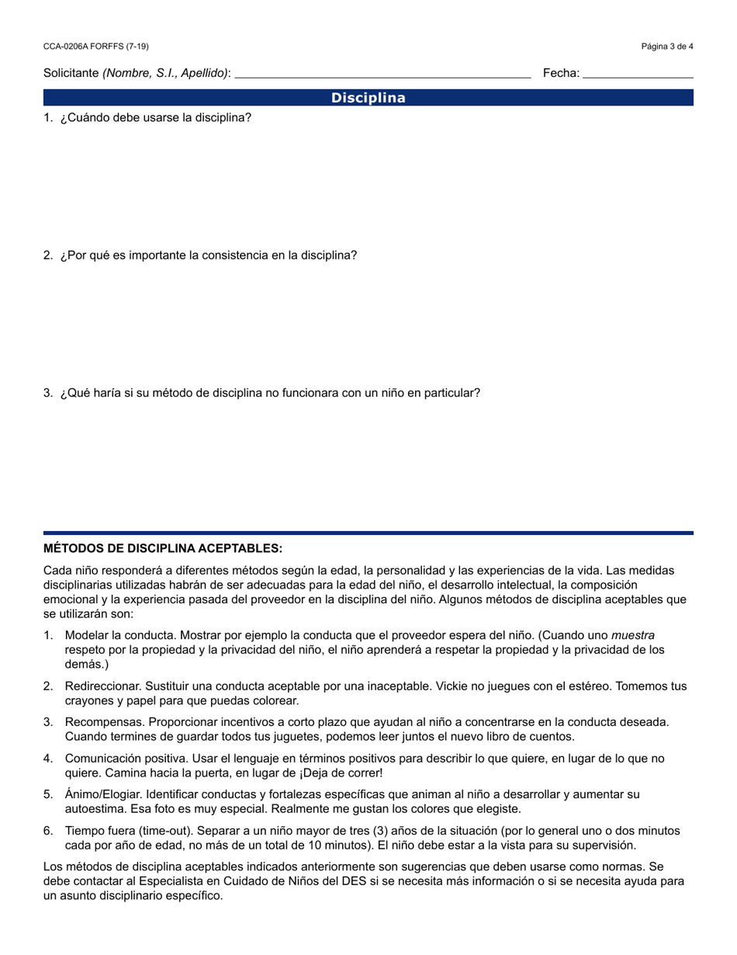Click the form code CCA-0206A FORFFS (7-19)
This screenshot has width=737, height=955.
[96, 47]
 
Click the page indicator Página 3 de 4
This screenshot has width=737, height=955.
[667, 47]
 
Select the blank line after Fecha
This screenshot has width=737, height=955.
[638, 75]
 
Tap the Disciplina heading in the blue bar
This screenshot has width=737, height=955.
[368, 98]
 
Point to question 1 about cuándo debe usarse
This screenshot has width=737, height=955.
[155, 118]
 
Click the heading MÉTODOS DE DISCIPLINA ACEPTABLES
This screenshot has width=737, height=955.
[163, 548]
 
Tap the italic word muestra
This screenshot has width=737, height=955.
[633, 635]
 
